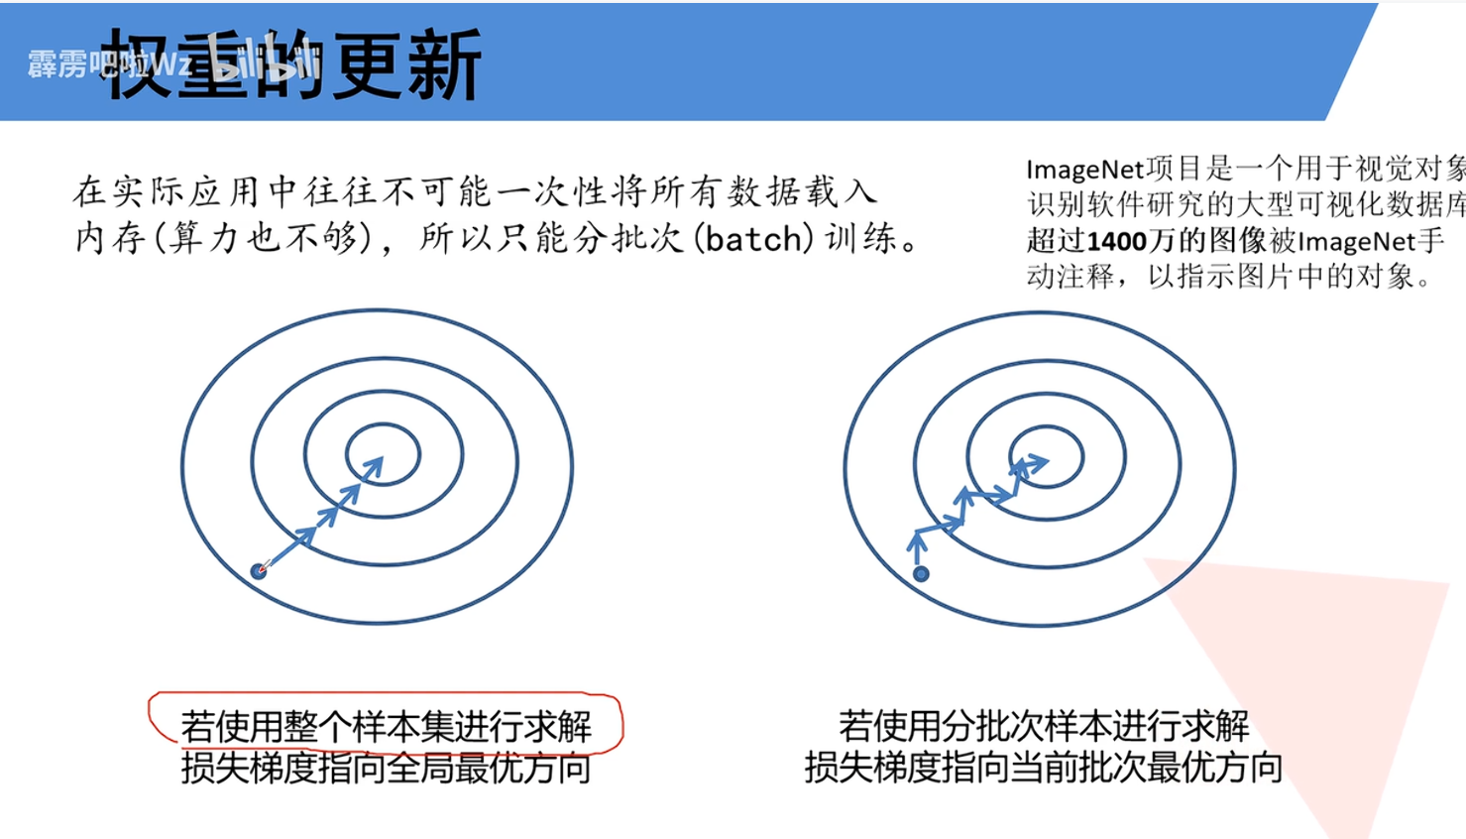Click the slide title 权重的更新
coord(293,64)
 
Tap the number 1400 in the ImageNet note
coord(1117,241)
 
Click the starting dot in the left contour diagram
coord(260,570)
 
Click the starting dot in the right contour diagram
coord(921,573)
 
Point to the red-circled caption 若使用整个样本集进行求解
coord(386,726)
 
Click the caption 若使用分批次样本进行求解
coord(1043,726)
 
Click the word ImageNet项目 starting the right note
coord(1100,170)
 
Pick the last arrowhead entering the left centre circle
coord(373,465)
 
